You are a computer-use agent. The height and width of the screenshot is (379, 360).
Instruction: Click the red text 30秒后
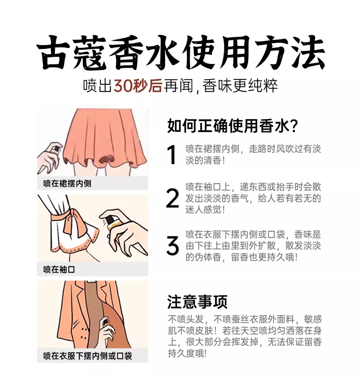pos(138,86)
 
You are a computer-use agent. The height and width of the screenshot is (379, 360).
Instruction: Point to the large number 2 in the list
pos(172,199)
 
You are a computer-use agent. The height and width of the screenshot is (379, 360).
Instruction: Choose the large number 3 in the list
pos(172,246)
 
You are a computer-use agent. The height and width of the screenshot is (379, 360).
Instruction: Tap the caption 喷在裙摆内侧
pos(67,183)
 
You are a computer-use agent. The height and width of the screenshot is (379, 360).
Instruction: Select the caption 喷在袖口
pos(59,269)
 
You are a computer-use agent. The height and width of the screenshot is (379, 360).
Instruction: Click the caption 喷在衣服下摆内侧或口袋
pos(87,356)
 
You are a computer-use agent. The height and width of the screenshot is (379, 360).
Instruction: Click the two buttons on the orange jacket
pos(84,334)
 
